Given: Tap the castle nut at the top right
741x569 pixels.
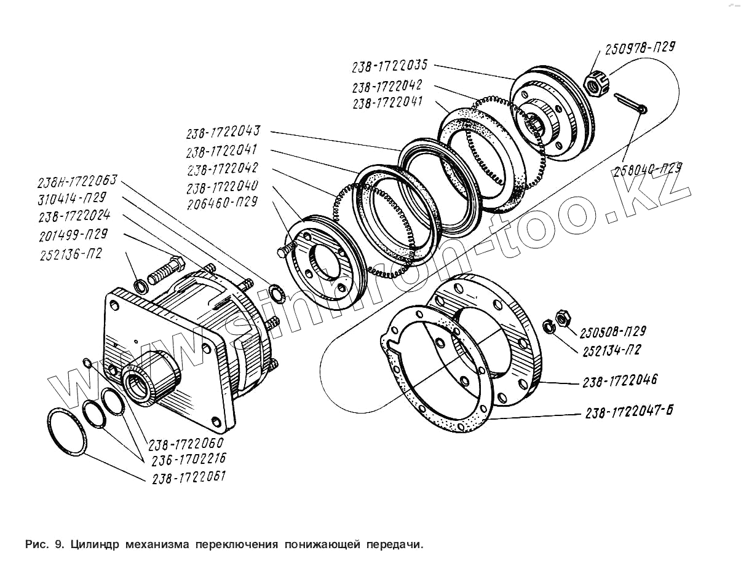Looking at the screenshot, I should click(595, 84).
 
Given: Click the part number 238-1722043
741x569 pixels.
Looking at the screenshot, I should click(224, 132).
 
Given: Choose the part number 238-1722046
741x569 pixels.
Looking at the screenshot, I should click(619, 381).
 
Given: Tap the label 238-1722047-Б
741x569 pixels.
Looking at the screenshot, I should click(628, 412).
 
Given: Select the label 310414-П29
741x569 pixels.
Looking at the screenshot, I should click(72, 198).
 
